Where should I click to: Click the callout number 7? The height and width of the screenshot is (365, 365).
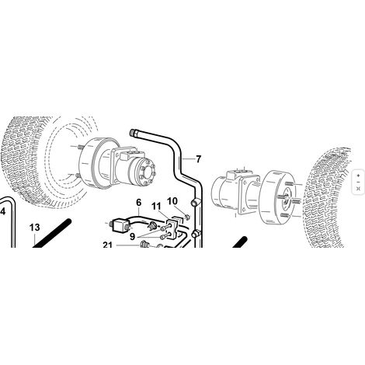click(198, 159)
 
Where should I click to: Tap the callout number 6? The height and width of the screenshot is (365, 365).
click(139, 203)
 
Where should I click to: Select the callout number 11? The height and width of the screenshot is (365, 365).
click(156, 207)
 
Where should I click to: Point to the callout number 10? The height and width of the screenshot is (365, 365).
click(172, 201)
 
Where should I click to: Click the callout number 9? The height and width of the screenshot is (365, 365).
click(133, 236)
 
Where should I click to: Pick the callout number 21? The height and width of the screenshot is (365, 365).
click(107, 245)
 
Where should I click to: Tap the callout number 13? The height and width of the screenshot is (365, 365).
click(35, 228)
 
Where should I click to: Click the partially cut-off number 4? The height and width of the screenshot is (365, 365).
click(2, 211)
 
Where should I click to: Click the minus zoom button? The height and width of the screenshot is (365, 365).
click(358, 182)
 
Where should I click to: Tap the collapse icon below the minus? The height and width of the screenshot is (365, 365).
click(358, 188)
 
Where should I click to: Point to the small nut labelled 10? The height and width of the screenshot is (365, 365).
click(188, 216)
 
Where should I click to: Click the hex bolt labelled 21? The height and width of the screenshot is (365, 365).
click(144, 244)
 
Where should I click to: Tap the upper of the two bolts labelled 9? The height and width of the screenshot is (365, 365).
click(165, 228)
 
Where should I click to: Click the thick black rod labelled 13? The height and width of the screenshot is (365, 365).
click(51, 233)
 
